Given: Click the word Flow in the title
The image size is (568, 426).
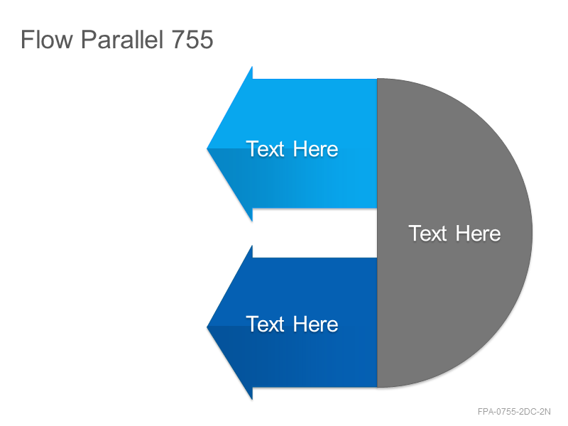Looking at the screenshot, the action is tap(47, 39).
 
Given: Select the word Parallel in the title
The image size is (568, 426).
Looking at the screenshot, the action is tap(122, 39).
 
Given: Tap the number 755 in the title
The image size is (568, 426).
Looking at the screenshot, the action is tap(192, 39).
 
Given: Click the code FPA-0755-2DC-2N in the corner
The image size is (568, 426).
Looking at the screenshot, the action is tap(514, 412).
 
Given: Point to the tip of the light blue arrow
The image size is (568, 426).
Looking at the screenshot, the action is tap(207, 148).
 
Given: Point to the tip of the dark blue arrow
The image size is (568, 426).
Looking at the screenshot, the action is tap(207, 327).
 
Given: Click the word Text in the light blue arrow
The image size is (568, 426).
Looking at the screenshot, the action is tap(265, 149).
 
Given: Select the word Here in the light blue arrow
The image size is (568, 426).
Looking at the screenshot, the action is tap(315, 149).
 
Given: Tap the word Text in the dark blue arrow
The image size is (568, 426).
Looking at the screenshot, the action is tap(265, 324).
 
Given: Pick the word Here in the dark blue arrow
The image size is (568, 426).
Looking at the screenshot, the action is tap(315, 324).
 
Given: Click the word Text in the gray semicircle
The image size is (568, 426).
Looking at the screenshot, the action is tap(428, 234).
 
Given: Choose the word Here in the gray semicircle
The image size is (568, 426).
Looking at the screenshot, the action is tap(478, 234).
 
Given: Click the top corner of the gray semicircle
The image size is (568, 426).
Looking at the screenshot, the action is tap(378, 78).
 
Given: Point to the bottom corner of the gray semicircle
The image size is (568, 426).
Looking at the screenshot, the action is tap(378, 387).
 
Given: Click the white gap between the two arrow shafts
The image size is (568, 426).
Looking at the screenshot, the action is tap(315, 233).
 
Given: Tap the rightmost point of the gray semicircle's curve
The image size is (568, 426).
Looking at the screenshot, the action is tap(532, 233).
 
